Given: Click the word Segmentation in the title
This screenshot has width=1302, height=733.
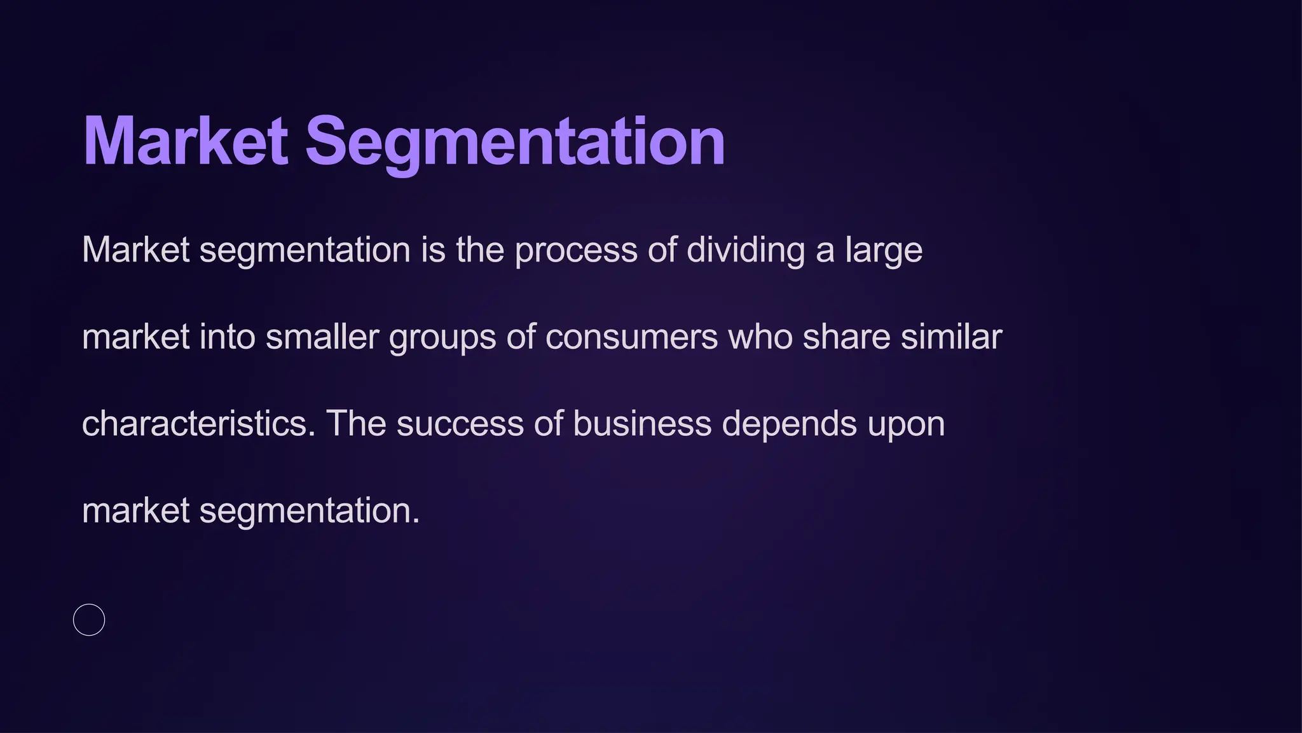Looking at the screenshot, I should pyautogui.click(x=515, y=141).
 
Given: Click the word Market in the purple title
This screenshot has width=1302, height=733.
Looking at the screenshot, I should pyautogui.click(x=185, y=141).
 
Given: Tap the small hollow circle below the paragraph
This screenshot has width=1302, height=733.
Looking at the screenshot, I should pyautogui.click(x=89, y=620).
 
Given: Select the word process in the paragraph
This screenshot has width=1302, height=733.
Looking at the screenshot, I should pyautogui.click(x=575, y=250).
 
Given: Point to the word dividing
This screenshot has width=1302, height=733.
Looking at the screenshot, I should pyautogui.click(x=746, y=250).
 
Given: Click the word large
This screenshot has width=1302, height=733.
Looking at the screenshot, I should pyautogui.click(x=884, y=250).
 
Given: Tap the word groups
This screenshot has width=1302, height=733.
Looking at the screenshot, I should pyautogui.click(x=442, y=338).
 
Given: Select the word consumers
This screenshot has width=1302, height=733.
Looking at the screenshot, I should pyautogui.click(x=631, y=337).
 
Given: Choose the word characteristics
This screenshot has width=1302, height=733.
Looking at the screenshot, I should pyautogui.click(x=198, y=424).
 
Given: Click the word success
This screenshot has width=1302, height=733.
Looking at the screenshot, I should pyautogui.click(x=460, y=424).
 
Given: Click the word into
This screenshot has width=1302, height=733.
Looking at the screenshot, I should pyautogui.click(x=228, y=337).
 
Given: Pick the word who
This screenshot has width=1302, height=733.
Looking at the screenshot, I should pyautogui.click(x=760, y=337).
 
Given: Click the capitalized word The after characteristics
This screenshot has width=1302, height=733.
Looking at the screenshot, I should pyautogui.click(x=356, y=424).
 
